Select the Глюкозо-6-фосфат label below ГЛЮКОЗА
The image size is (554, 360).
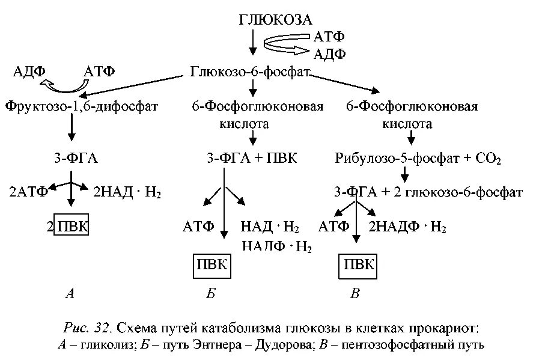[249, 72]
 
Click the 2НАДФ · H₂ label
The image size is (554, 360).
[407, 227]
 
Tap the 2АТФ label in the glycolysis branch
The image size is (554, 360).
[28, 192]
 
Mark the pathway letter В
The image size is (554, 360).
[356, 294]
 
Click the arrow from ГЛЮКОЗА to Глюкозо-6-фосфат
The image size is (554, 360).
[253, 44]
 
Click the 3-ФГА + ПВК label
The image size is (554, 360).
[252, 159]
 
